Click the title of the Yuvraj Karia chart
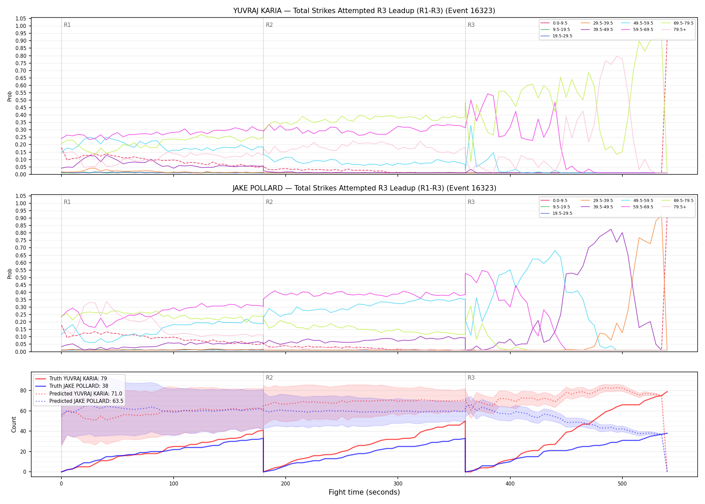click(x=364, y=11)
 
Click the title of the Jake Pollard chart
click(x=364, y=188)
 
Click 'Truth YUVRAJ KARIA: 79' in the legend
click(x=78, y=379)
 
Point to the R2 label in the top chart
click(x=269, y=25)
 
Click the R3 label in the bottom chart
click(x=471, y=378)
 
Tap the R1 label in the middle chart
click(x=67, y=202)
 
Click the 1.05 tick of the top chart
click(x=21, y=18)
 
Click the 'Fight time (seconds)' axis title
click(x=364, y=492)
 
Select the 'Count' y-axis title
click(x=14, y=424)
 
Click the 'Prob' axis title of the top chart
click(x=10, y=96)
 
